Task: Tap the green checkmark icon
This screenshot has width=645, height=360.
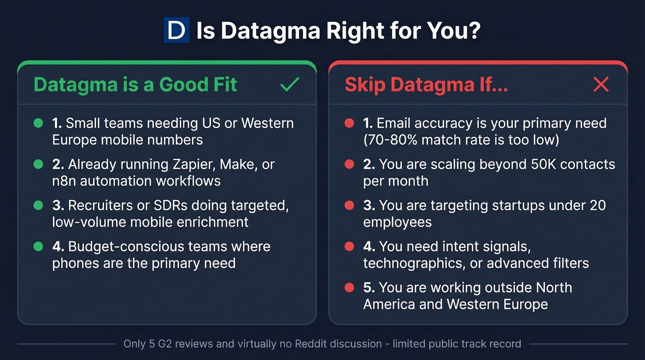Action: click(289, 84)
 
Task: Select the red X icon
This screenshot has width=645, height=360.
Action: click(601, 84)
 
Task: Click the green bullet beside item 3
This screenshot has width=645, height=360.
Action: click(39, 205)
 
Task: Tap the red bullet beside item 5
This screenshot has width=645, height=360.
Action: click(349, 288)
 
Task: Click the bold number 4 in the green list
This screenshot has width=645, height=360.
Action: click(57, 246)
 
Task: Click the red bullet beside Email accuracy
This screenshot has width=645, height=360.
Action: click(349, 123)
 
